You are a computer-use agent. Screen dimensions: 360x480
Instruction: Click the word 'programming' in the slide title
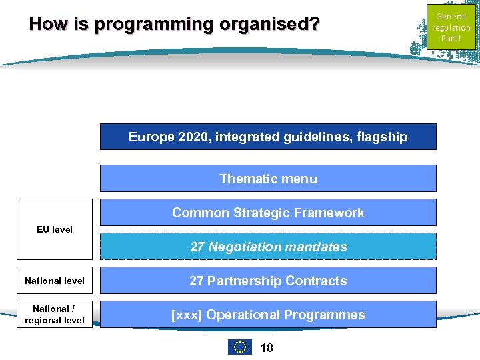click(x=153, y=25)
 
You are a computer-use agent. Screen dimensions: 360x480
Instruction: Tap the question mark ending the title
click(x=315, y=25)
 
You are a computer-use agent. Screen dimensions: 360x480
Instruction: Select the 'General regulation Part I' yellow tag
click(x=451, y=27)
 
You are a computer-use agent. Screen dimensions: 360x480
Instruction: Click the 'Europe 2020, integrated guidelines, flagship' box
click(x=268, y=137)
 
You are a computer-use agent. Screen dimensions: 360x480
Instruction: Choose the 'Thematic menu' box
click(x=268, y=179)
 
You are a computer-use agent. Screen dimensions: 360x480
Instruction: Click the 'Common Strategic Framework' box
click(x=268, y=213)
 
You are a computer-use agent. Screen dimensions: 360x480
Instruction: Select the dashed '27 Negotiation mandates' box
click(x=268, y=247)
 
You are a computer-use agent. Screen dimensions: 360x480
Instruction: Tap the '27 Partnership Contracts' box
click(x=268, y=281)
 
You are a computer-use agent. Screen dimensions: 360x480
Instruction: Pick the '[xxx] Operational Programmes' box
click(x=268, y=315)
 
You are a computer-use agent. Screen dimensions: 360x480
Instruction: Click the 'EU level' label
click(x=55, y=229)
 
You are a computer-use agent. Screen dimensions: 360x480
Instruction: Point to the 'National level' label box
click(x=55, y=281)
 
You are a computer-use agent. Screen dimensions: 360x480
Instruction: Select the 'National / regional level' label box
click(x=55, y=315)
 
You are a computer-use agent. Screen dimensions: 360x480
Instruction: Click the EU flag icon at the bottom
click(x=240, y=347)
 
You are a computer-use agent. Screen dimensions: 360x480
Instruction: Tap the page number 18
click(x=266, y=348)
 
